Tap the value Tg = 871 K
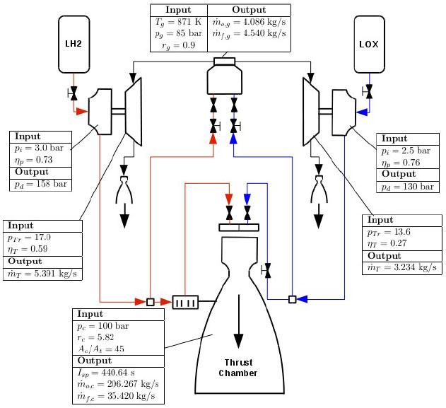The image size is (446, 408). [x=178, y=23]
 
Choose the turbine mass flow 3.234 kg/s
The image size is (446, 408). [x=399, y=269]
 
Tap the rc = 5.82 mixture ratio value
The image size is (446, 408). [x=98, y=338]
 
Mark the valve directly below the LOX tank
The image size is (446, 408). [x=368, y=93]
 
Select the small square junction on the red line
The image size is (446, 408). [x=150, y=302]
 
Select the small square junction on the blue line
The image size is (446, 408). [x=292, y=299]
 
